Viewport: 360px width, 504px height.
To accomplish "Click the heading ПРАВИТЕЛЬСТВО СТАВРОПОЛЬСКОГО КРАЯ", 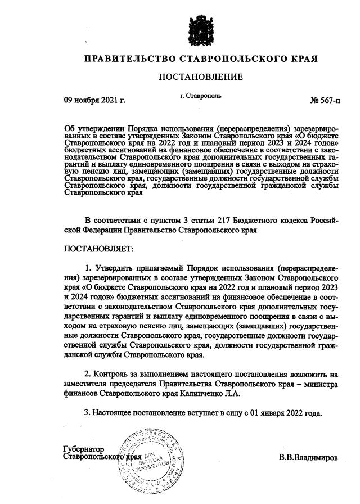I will pyautogui.click(x=201, y=58).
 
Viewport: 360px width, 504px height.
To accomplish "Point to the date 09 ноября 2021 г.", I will pyautogui.click(x=94, y=101).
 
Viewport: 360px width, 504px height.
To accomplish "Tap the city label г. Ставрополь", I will pyautogui.click(x=201, y=96).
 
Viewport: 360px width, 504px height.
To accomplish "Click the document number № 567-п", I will pyautogui.click(x=325, y=101).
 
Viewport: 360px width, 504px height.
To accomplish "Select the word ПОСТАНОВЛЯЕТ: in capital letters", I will pyautogui.click(x=99, y=248).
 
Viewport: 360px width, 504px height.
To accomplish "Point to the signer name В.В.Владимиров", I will pyautogui.click(x=308, y=457).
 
